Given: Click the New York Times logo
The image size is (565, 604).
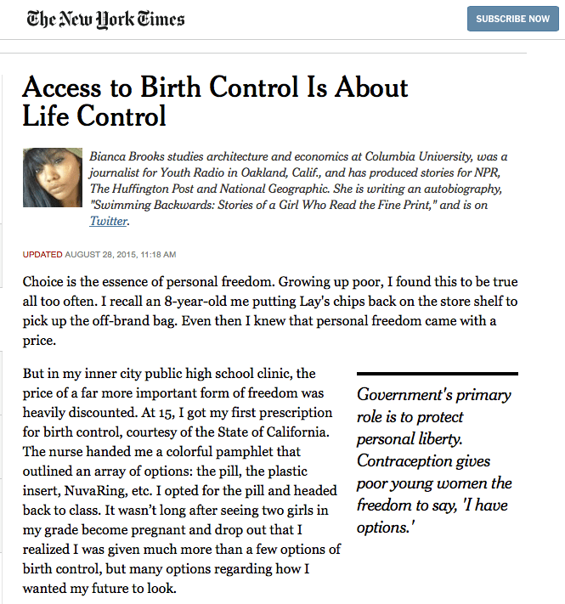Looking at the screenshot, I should click(105, 19).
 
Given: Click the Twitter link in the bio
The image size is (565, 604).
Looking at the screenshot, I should click(107, 221).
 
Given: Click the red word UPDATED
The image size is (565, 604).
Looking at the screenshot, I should click(42, 254).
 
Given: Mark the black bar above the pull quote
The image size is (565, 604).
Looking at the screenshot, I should click(437, 373).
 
